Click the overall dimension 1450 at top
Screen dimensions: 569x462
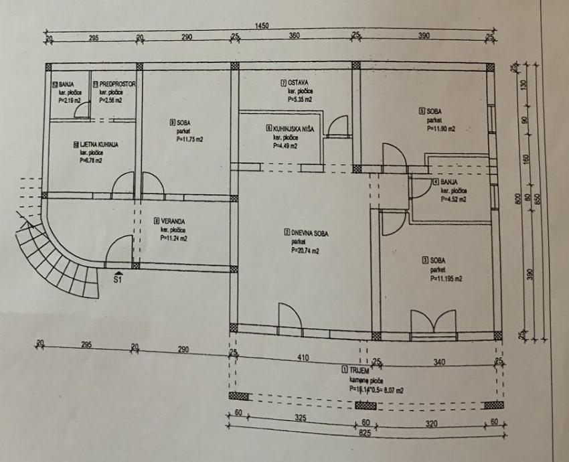tap(262, 25)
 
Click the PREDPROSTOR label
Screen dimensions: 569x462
tap(118, 84)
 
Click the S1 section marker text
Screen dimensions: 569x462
tap(118, 280)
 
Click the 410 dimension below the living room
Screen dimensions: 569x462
tap(303, 358)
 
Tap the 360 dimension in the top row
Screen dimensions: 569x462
tap(295, 36)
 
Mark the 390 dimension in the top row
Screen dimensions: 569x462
tap(424, 36)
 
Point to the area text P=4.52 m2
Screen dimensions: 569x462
tap(455, 199)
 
